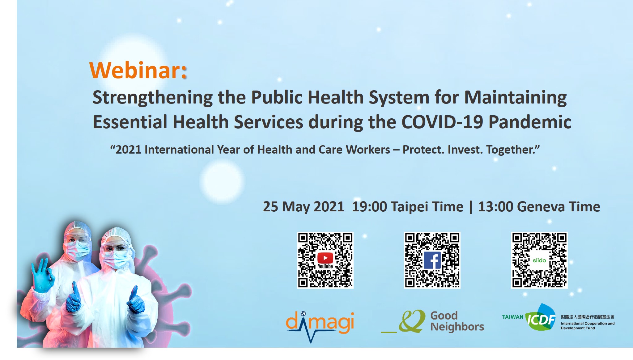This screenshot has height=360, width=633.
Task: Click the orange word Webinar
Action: [135, 70]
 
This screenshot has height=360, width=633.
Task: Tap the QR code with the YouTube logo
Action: [325, 260]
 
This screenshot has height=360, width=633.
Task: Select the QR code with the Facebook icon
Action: [432, 260]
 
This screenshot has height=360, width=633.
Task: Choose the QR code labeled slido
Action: [539, 260]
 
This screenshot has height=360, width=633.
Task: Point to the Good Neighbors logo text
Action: [457, 321]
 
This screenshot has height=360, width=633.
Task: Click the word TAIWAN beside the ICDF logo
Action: [512, 317]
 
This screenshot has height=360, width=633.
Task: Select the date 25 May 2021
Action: [304, 207]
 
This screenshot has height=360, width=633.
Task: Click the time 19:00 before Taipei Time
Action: [369, 207]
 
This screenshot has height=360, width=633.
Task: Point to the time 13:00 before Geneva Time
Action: [495, 207]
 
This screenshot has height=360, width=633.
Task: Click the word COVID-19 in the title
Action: [442, 122]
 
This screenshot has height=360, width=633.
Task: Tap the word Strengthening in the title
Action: [153, 98]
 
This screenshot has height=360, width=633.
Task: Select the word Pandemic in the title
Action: [530, 122]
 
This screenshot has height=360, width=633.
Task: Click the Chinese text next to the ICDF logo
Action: [587, 317]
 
